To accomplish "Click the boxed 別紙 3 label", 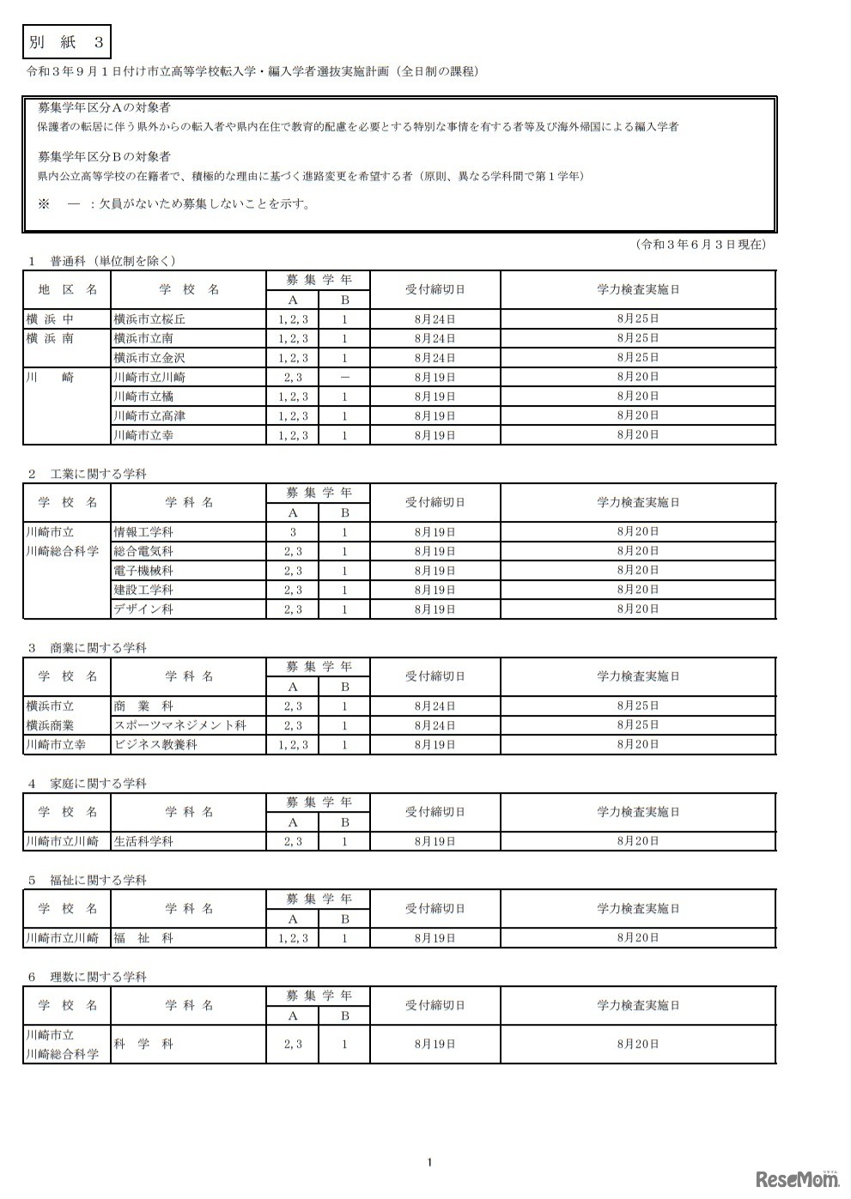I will pos(65,42).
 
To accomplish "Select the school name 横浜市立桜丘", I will pos(149,319).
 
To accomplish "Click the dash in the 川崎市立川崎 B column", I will pos(344,378).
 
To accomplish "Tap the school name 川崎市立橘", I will pos(143,397).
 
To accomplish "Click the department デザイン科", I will pos(143,609).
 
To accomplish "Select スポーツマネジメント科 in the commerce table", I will pos(180,725).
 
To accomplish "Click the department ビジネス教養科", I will pos(155,745).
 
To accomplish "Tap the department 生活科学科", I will pos(143,842).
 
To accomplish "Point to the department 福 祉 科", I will pos(143,939).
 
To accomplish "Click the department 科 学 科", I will pos(143,1045).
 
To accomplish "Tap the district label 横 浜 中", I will pos(51,319).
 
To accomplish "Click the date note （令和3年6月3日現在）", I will pos(701,245).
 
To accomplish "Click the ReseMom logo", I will pos(797,1179).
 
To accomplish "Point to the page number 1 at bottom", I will pos(429,1163).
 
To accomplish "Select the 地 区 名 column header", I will pos(68,290).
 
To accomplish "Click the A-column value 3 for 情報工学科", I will pos(293,532).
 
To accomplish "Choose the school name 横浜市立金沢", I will pos(149,358).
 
